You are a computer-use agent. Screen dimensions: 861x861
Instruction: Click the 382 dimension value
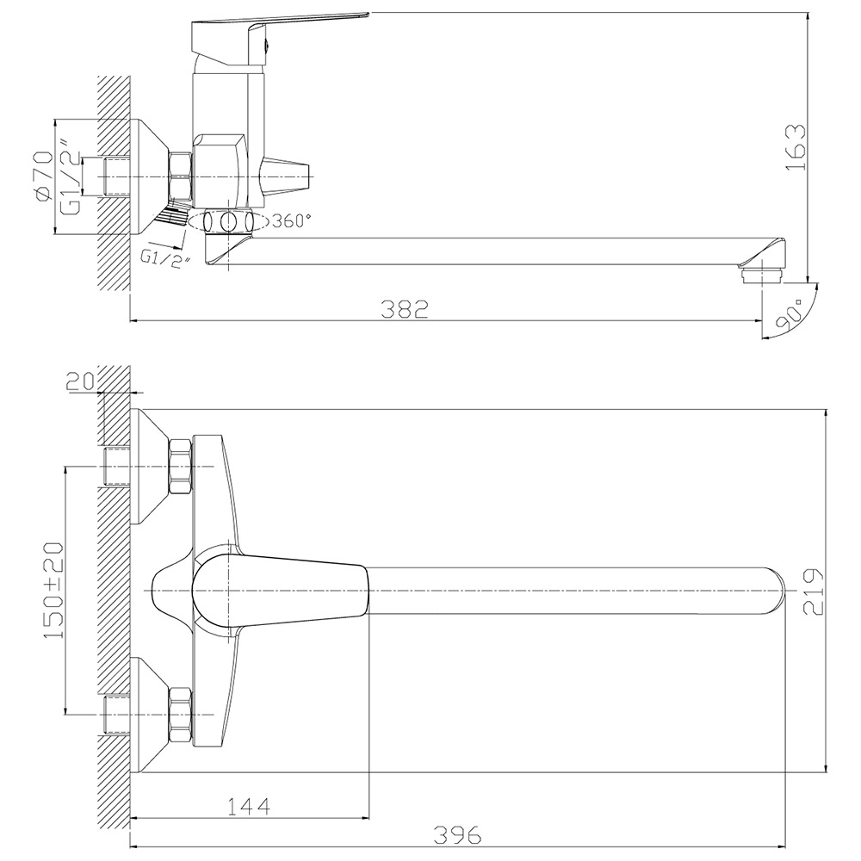pos(405,310)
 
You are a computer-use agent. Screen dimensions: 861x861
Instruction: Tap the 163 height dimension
pos(796,147)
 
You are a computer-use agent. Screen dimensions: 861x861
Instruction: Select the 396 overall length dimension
pos(457,835)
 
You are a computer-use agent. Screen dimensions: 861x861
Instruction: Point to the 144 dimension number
pos(249,807)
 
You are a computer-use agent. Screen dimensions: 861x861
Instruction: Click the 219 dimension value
pos(814,592)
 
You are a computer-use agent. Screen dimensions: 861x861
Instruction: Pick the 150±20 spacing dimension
pos(53,591)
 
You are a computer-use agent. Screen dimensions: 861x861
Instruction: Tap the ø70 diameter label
pos(43,177)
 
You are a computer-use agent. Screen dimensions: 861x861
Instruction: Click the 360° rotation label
pos(291,221)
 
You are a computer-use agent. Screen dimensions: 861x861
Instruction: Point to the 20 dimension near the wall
pos(81,381)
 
